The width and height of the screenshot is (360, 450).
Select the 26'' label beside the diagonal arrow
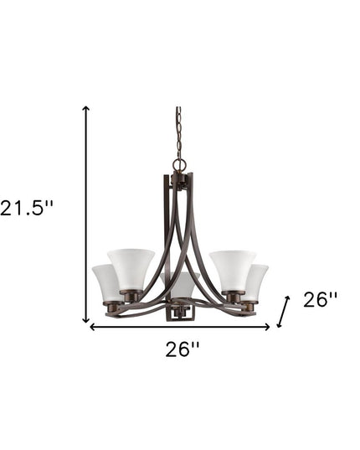coord(320,300)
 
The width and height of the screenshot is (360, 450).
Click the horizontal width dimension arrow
coord(180,327)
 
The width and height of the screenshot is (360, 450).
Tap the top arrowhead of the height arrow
coord(85,109)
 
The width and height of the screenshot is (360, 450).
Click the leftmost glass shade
coord(106,282)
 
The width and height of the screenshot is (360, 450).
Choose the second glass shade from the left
coord(131,267)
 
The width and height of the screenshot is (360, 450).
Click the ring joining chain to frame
coord(177,164)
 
